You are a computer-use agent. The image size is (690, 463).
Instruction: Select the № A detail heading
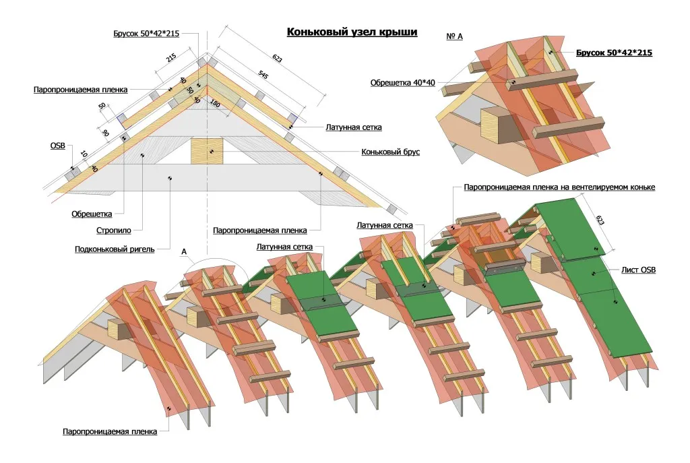pyautogui.click(x=454, y=36)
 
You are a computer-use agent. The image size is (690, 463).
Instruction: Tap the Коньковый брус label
pyautogui.click(x=390, y=152)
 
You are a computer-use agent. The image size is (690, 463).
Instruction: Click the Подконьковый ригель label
pyautogui.click(x=115, y=249)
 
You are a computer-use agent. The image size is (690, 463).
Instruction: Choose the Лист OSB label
pyautogui.click(x=639, y=270)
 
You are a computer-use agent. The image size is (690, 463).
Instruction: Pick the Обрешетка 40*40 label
pyautogui.click(x=403, y=83)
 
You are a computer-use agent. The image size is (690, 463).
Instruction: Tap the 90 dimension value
pyautogui.click(x=106, y=132)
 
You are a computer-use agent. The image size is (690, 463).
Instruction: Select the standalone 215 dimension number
pyautogui.click(x=170, y=59)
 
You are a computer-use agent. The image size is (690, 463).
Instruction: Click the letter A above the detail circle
pyautogui.click(x=183, y=251)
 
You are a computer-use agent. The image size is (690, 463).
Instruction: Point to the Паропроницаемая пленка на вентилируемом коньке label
pyautogui.click(x=559, y=187)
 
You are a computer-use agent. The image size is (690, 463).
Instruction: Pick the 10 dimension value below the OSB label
pyautogui.click(x=82, y=155)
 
